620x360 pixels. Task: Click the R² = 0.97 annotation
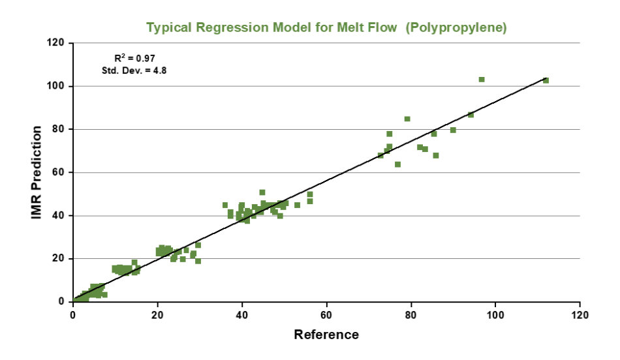(x=135, y=58)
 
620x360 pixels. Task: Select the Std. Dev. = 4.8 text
(x=135, y=69)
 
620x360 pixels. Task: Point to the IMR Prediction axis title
(x=38, y=172)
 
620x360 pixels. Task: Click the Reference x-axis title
(x=326, y=335)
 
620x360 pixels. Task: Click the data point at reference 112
(x=546, y=80)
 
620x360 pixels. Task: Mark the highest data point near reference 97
(x=482, y=80)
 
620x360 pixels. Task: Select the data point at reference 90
(x=453, y=130)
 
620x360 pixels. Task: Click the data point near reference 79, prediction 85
(x=407, y=119)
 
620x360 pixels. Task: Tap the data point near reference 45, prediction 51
(x=262, y=192)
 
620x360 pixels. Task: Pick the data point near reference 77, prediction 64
(x=397, y=164)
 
